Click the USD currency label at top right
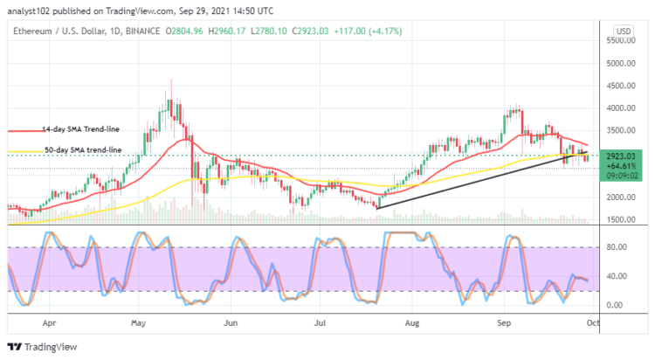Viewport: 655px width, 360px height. pyautogui.click(x=623, y=31)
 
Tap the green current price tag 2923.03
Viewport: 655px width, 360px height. pyautogui.click(x=623, y=155)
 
